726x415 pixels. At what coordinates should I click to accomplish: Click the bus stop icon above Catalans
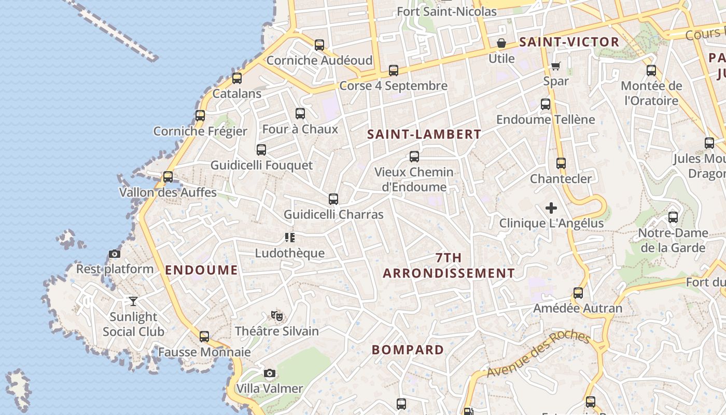(237, 78)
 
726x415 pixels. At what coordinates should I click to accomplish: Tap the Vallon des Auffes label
(167, 192)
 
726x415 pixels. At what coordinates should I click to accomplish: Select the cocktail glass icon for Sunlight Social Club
(133, 301)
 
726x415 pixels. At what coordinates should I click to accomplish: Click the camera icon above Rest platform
(115, 254)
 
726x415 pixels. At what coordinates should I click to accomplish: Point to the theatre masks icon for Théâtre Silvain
(277, 315)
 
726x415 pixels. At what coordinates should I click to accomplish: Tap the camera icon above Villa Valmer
(269, 373)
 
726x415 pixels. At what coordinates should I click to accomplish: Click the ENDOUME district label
(201, 270)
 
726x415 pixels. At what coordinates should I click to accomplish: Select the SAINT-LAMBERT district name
(424, 134)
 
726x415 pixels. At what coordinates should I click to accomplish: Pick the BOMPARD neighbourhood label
(408, 350)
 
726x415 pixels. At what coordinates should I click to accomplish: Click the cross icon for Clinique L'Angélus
(551, 208)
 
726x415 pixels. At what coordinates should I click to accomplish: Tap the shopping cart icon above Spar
(556, 66)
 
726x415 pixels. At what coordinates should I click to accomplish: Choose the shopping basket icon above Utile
(501, 43)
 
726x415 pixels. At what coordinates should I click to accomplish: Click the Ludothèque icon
(290, 238)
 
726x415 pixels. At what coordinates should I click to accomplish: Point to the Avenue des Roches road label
(538, 354)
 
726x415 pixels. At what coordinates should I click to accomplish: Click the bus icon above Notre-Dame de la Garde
(673, 217)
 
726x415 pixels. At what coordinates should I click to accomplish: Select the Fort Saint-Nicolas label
(446, 11)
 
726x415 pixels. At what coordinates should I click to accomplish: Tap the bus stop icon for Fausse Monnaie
(204, 337)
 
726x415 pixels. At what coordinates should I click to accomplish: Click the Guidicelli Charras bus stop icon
(333, 199)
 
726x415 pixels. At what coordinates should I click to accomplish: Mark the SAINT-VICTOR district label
(569, 42)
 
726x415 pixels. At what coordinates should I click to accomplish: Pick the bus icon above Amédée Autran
(578, 293)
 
